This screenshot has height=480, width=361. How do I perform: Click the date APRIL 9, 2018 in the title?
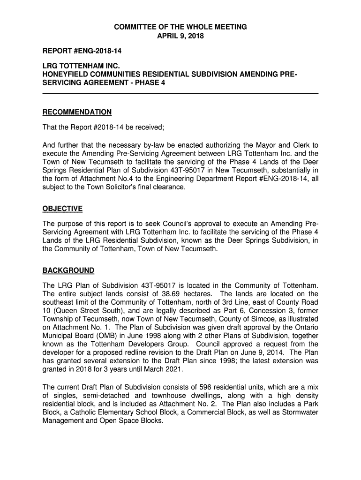(180, 36)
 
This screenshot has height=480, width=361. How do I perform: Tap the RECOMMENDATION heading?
(77, 112)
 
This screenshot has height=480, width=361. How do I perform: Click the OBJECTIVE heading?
(62, 209)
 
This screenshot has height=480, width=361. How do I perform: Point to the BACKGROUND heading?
(68, 270)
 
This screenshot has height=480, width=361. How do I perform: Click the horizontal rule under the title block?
(180, 94)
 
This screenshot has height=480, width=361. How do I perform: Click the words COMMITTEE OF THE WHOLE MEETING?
(180, 27)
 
